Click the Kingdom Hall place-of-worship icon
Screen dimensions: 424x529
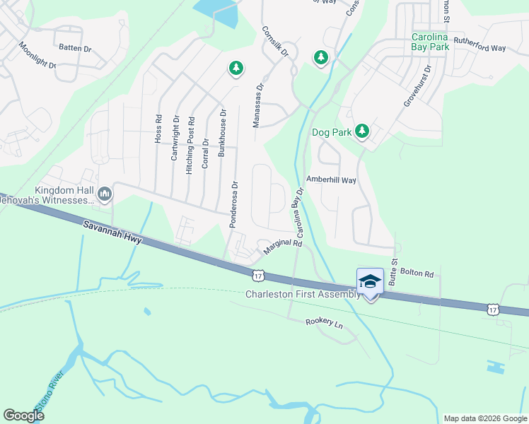click(105, 193)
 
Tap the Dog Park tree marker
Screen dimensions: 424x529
click(362, 131)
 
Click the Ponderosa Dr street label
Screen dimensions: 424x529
click(233, 204)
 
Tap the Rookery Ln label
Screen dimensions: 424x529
click(324, 322)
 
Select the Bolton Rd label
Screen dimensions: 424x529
click(415, 271)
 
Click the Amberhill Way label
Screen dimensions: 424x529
click(330, 180)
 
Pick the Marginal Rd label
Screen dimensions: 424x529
click(283, 247)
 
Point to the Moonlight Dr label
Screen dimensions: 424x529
click(37, 55)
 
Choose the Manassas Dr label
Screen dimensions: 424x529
click(259, 106)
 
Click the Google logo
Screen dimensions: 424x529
click(24, 416)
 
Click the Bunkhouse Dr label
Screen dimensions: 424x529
click(222, 132)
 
